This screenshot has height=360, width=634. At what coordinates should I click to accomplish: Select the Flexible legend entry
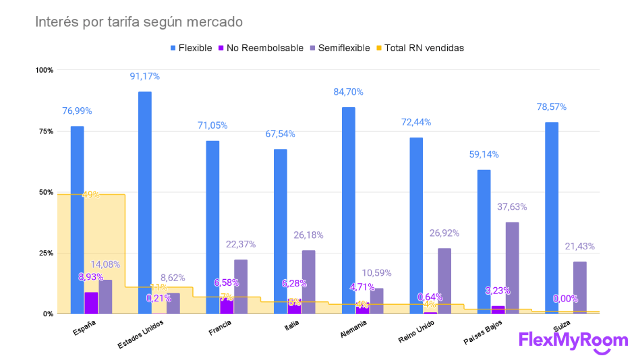pos(192,48)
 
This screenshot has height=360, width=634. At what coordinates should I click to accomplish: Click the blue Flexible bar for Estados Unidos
pos(145,202)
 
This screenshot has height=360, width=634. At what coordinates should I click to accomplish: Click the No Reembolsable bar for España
pos(91,303)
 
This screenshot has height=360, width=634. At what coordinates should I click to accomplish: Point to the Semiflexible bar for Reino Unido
pos(444,280)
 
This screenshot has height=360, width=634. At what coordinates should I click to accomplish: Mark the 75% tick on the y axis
pos(45,131)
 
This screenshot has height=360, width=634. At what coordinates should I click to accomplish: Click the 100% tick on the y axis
pos(45,70)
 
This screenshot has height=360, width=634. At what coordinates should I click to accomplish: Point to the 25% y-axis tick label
pos(45,253)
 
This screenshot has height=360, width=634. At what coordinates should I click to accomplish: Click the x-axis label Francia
pos(222,328)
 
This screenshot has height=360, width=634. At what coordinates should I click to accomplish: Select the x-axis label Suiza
pos(561,326)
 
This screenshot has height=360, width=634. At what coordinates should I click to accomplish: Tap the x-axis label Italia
pos(291,327)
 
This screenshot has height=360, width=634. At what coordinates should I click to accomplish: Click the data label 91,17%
pos(145,76)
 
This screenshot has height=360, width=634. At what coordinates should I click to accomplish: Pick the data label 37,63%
pos(513,207)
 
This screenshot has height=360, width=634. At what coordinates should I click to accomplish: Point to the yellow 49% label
pos(91,195)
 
